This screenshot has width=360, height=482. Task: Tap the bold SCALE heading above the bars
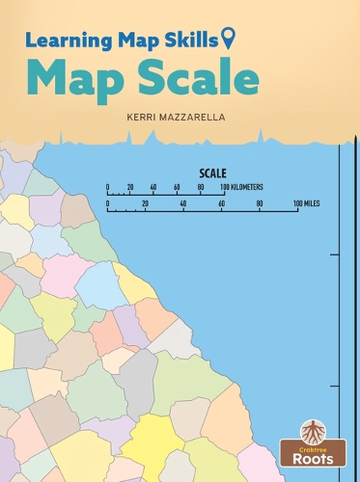click(x=213, y=173)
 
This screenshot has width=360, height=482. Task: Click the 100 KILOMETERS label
click(x=242, y=187)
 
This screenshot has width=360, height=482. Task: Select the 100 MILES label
click(x=306, y=204)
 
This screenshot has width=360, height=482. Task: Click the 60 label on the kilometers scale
click(x=177, y=187)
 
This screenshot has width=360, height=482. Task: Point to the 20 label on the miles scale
click(x=145, y=204)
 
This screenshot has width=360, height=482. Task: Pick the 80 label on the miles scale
click(x=259, y=204)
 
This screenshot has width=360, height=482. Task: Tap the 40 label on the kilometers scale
click(x=153, y=187)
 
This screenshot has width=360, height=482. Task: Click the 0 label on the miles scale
click(x=108, y=204)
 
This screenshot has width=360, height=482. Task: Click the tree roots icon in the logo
click(x=313, y=432)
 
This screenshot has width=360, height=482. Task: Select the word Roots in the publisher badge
click(x=313, y=459)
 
